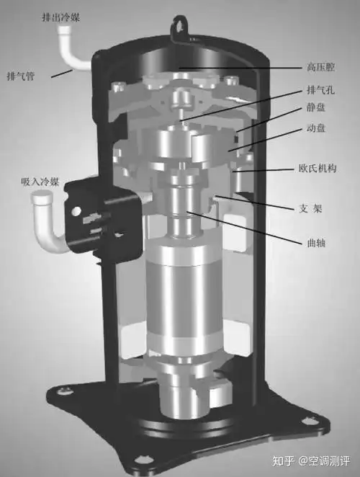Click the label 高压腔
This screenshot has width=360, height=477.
click(x=320, y=66)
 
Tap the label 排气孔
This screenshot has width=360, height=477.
click(x=320, y=90)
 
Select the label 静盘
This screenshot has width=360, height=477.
click(x=316, y=107)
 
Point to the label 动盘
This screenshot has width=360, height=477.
click(x=316, y=128)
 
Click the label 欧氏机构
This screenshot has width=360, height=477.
click(x=318, y=168)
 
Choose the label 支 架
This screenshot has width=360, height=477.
click(x=310, y=209)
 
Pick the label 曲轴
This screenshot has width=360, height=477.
click(x=316, y=243)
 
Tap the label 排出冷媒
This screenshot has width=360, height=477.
click(x=60, y=17)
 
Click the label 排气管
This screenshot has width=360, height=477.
click(x=21, y=76)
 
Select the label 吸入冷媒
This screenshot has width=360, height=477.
click(x=40, y=182)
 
